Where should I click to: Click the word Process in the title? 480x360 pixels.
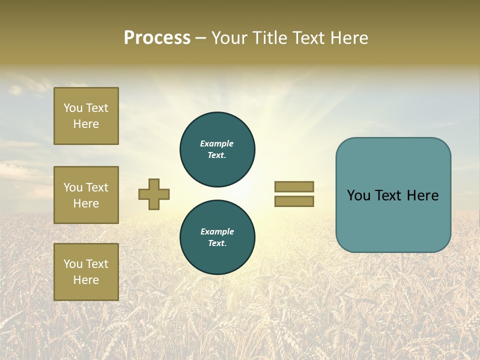[157, 38]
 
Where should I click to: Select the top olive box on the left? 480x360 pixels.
[86, 116]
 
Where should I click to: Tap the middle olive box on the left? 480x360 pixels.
[86, 195]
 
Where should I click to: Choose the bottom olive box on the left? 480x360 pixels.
[86, 272]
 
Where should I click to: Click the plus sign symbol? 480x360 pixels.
[154, 194]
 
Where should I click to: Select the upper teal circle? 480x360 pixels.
[217, 149]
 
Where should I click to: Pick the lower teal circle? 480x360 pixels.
[217, 237]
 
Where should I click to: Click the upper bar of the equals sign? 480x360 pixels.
[294, 186]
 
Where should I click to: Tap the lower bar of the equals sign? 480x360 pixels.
[294, 201]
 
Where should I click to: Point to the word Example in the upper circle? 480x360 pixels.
[217, 143]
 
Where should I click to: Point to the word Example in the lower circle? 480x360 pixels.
[217, 231]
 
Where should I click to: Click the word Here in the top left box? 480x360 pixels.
[86, 124]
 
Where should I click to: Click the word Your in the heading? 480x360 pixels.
[230, 38]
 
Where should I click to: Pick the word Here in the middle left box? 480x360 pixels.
[86, 203]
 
